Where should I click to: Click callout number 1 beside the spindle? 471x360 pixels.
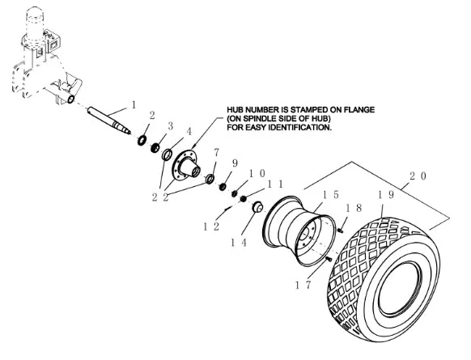tap(134, 105)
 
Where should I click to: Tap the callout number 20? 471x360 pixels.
tap(418, 176)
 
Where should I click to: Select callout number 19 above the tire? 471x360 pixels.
tap(385, 195)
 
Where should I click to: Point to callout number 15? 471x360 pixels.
tap(331, 195)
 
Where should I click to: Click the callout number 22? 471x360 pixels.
tap(160, 197)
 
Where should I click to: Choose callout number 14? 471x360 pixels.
tap(239, 243)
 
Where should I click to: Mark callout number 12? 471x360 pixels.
tap(211, 227)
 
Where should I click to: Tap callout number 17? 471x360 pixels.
tap(303, 285)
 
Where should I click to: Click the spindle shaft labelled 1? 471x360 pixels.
tap(109, 121)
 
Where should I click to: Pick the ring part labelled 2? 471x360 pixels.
tap(142, 140)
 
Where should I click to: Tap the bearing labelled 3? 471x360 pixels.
tap(155, 147)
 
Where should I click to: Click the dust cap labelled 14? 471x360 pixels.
tap(257, 207)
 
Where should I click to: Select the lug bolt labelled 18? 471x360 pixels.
tap(341, 231)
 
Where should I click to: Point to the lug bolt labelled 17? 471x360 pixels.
tap(329, 258)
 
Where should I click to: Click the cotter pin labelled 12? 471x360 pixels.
tap(228, 207)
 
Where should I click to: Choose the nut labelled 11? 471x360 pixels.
tap(244, 198)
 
